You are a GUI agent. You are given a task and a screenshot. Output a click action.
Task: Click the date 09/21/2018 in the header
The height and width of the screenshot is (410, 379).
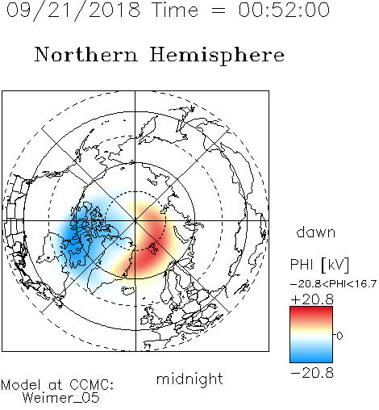click(73, 10)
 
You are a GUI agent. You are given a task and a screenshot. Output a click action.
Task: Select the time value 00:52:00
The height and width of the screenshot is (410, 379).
click(284, 10)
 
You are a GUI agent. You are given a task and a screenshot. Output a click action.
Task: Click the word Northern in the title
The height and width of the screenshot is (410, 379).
click(86, 54)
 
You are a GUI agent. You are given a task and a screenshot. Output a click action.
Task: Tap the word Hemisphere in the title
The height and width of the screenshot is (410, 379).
click(217, 55)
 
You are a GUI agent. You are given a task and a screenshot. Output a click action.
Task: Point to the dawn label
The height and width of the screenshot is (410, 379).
click(316, 232)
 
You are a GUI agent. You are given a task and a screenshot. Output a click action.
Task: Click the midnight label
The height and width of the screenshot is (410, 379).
click(189, 379)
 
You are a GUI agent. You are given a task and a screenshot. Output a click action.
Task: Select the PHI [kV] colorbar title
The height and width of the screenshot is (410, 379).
click(319, 265)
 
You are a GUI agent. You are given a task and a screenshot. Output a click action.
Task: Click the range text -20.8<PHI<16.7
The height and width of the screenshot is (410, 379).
click(333, 284)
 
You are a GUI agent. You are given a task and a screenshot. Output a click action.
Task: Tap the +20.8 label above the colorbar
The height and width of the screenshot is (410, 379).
click(312, 299)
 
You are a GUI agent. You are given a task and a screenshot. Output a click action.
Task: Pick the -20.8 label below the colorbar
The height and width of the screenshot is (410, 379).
click(312, 373)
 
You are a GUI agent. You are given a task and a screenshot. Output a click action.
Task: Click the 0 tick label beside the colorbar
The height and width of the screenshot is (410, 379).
click(339, 336)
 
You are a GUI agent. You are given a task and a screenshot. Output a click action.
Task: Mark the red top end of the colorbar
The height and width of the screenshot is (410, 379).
click(311, 308)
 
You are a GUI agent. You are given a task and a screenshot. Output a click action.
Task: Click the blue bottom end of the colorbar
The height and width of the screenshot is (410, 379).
click(311, 361)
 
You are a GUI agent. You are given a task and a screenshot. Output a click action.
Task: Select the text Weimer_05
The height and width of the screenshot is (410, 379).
click(61, 398)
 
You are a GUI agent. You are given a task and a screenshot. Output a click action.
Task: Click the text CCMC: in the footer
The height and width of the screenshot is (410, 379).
click(91, 385)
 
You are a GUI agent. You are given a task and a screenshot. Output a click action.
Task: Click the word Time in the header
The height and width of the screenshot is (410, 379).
click(175, 10)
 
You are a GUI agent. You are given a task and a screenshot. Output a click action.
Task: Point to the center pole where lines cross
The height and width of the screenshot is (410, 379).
click(135, 221)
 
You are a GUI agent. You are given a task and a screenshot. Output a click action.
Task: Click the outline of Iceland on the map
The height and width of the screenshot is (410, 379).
click(127, 291)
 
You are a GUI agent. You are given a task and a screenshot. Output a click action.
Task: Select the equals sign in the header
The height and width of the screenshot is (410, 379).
click(219, 10)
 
